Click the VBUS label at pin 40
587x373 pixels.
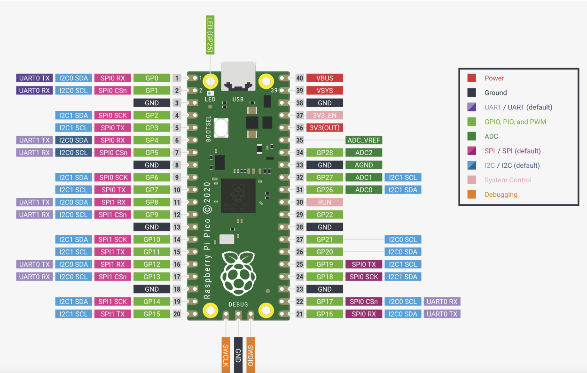click(x=324, y=78)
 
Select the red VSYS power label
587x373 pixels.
click(x=324, y=90)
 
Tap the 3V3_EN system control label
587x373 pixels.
click(x=324, y=115)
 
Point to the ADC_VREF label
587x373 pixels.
click(x=364, y=140)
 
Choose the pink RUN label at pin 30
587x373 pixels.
click(x=324, y=202)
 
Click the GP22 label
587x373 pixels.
click(x=324, y=215)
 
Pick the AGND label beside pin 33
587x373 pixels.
click(x=364, y=165)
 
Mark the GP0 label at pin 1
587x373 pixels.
click(x=151, y=78)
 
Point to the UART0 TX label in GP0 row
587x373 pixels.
click(x=34, y=78)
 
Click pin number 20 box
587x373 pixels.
click(x=177, y=314)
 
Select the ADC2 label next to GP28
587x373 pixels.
click(x=364, y=153)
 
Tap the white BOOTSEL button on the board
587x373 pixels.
click(x=220, y=127)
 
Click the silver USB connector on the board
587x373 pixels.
click(x=238, y=75)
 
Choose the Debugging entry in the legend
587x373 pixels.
click(x=501, y=194)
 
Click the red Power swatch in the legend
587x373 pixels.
click(x=472, y=78)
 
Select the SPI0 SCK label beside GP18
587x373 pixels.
click(x=364, y=277)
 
